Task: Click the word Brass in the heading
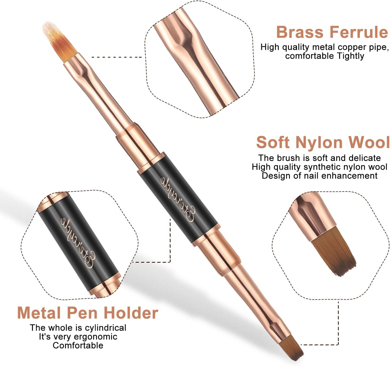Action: click(x=300, y=32)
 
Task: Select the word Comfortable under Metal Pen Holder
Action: click(x=78, y=346)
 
